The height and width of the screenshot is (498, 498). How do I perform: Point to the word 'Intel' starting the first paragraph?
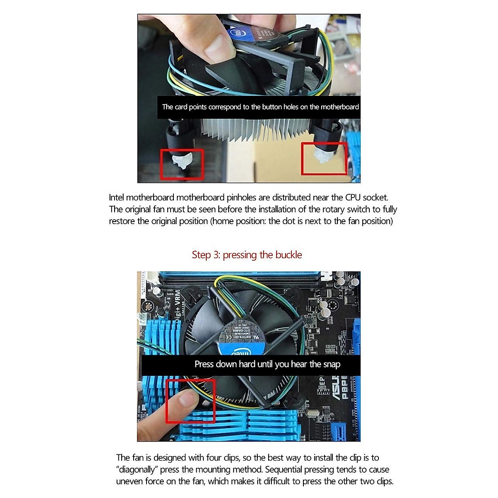coord(116,198)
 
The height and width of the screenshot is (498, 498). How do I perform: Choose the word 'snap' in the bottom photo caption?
coord(332,364)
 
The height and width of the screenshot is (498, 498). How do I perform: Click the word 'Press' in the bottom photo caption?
coord(204,364)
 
